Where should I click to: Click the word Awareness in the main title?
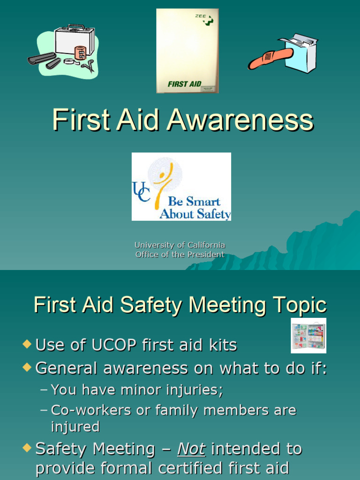pos(240,120)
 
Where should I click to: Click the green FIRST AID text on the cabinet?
pos(184,84)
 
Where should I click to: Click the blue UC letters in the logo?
pos(141,192)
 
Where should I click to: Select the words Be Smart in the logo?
pos(194,202)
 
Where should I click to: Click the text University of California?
pos(180,245)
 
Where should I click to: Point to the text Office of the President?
pos(180,255)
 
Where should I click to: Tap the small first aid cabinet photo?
pos(308,336)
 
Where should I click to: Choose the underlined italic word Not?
pos(191,449)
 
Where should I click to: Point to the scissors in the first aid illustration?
pos(88,65)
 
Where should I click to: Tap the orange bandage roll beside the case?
pos(80,52)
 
